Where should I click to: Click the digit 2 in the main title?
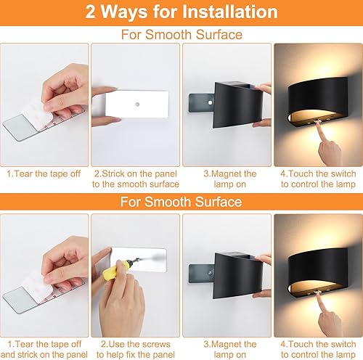tap(91, 12)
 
